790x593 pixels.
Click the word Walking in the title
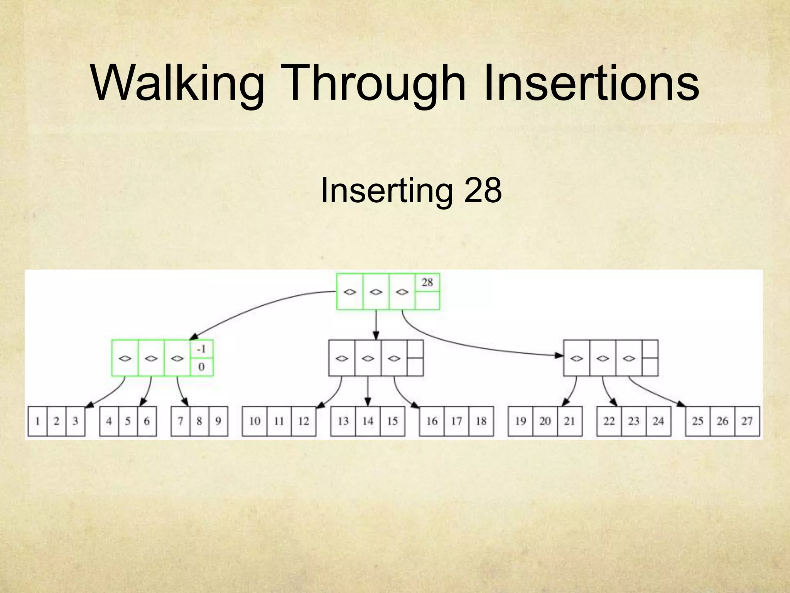(x=177, y=83)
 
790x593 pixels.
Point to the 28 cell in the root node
(x=427, y=282)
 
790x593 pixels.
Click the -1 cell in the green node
(x=201, y=349)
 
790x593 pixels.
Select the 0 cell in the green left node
(x=201, y=367)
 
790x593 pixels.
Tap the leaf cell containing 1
(x=38, y=421)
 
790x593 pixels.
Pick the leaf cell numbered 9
(x=218, y=421)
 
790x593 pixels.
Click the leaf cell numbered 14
(x=368, y=421)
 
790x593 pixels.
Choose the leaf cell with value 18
(x=481, y=421)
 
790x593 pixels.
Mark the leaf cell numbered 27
(x=747, y=421)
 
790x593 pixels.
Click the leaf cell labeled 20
(x=545, y=421)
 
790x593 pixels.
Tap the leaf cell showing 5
(x=128, y=421)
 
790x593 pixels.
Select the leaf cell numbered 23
(x=633, y=421)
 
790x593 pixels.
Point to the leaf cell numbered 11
(x=279, y=421)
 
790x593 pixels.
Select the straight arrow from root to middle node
(x=376, y=324)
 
